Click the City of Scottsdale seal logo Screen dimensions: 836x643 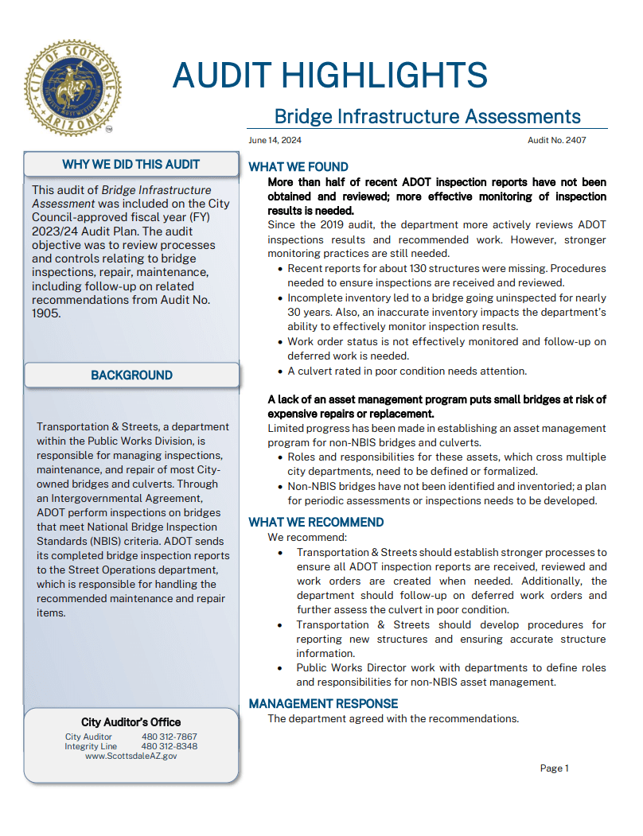click(x=72, y=87)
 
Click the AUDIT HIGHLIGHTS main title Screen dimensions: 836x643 click(x=329, y=76)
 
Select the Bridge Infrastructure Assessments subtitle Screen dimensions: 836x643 click(x=427, y=117)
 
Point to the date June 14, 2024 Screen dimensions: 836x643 click(x=275, y=140)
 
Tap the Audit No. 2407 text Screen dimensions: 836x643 click(x=557, y=140)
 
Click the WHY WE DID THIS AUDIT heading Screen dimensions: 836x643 click(x=131, y=165)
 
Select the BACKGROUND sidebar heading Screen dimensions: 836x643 click(x=131, y=375)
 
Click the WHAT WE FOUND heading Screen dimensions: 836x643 click(x=298, y=167)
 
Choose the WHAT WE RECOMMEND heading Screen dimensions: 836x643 click(x=316, y=523)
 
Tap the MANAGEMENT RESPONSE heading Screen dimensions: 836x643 click(x=323, y=704)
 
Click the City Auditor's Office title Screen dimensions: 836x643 click(x=131, y=722)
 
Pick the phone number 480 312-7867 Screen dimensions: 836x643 click(x=169, y=737)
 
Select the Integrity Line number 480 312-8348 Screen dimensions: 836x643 click(x=169, y=747)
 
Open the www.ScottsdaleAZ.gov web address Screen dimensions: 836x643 click(x=131, y=756)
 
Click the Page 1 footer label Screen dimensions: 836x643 click(x=554, y=768)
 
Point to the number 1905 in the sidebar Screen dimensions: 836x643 click(x=46, y=313)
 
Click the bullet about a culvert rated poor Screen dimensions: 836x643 click(x=407, y=371)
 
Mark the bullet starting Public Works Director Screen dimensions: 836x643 click(x=450, y=675)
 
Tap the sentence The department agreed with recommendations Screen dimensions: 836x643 click(x=393, y=719)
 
